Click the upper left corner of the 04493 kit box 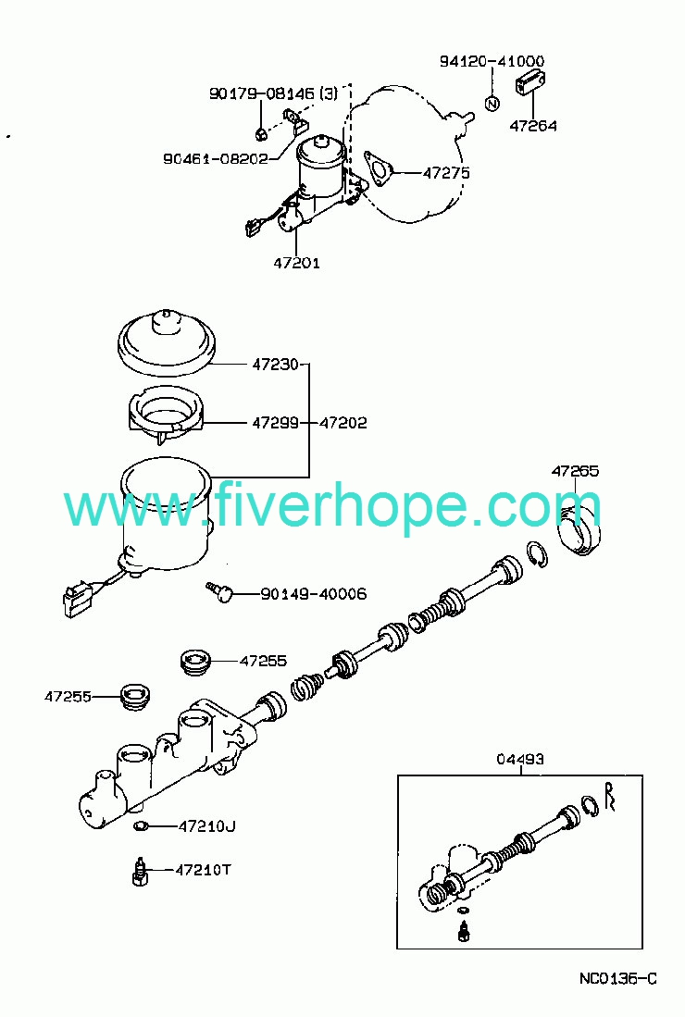[398, 775]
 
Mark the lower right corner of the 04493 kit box [642, 949]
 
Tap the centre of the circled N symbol [492, 103]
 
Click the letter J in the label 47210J [230, 826]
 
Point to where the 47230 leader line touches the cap [209, 365]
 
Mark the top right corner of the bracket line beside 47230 [309, 365]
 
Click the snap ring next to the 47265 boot [538, 553]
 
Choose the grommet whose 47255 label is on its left [136, 696]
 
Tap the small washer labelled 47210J [140, 826]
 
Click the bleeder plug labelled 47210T [138, 871]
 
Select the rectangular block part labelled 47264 [530, 83]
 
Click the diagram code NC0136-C [618, 978]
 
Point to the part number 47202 [343, 423]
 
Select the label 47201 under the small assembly [296, 263]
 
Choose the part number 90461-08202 [216, 158]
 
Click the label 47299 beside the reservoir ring [276, 423]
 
